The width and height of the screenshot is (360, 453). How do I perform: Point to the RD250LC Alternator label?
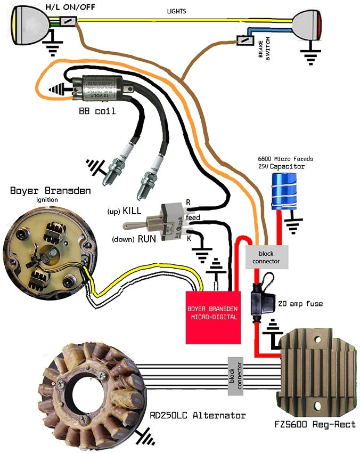click(x=198, y=415)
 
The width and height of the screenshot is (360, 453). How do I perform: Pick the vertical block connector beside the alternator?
click(x=235, y=376)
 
